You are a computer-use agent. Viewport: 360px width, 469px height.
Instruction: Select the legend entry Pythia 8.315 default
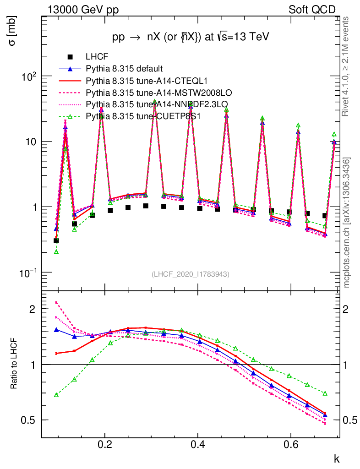coord(125,69)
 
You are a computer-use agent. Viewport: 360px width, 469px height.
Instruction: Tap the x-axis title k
coord(337,458)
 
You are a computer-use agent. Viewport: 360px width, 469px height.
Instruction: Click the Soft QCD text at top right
coord(312,10)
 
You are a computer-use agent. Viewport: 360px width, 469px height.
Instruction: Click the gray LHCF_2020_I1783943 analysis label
coord(191,274)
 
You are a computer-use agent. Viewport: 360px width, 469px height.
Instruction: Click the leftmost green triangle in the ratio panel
coord(56,395)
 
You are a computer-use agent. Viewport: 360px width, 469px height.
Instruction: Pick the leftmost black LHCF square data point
coord(56,240)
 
